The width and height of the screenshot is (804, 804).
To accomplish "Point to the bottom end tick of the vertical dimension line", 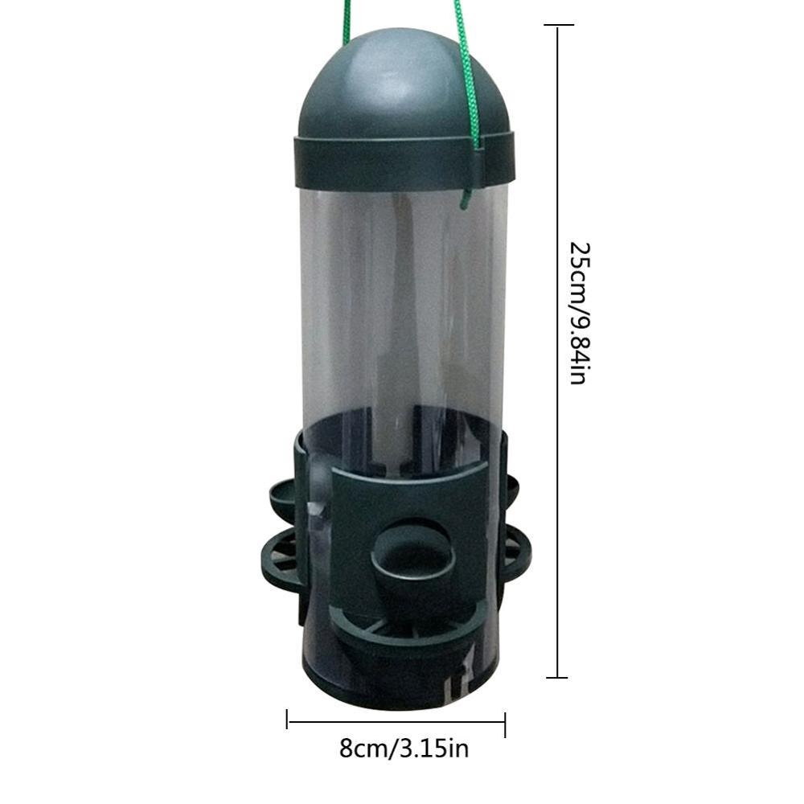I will click(x=557, y=678).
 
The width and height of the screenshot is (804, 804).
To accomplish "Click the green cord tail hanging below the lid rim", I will click(x=467, y=193).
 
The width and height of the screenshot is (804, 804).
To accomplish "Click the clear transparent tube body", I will click(x=402, y=306).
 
